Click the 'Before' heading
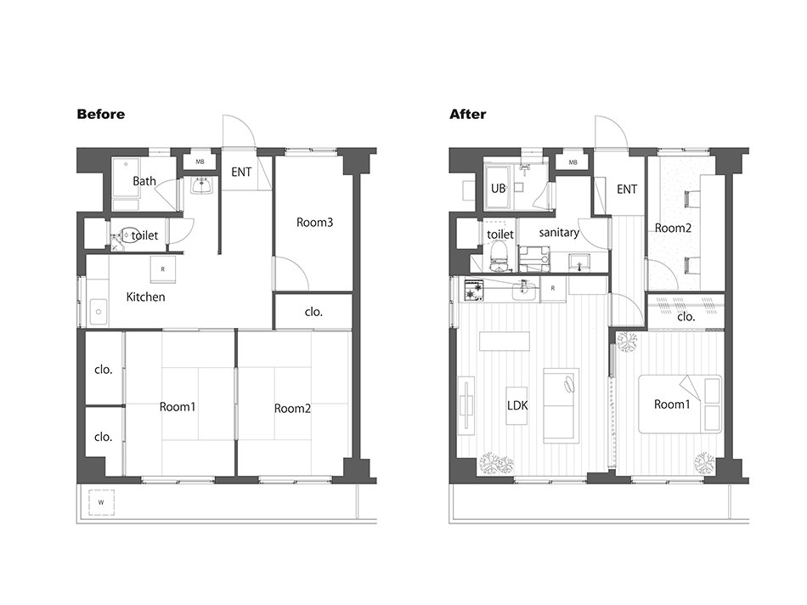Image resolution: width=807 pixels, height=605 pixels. (101, 114)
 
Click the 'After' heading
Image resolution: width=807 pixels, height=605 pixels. (467, 114)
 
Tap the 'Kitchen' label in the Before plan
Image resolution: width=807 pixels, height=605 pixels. (145, 297)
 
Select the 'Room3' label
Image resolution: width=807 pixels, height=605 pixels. (314, 223)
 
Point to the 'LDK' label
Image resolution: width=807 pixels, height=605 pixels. (517, 405)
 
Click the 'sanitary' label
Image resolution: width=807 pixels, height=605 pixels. (559, 233)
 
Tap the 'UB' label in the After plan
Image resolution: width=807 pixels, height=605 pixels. (498, 189)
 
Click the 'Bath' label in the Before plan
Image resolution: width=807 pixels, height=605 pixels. (144, 181)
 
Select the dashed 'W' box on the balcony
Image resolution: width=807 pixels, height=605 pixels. (101, 502)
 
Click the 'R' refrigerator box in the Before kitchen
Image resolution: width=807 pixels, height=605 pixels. (162, 269)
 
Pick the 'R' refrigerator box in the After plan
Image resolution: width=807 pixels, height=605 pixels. (553, 289)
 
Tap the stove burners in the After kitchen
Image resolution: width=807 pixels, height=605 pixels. (474, 290)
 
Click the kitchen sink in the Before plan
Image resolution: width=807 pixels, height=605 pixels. (99, 312)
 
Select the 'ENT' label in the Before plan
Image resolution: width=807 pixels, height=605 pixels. (241, 172)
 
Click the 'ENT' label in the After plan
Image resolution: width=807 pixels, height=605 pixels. (627, 189)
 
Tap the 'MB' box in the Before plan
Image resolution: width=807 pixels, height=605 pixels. (200, 161)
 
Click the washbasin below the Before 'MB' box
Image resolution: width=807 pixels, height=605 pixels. (201, 185)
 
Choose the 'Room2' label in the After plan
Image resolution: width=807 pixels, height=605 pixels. (673, 228)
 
